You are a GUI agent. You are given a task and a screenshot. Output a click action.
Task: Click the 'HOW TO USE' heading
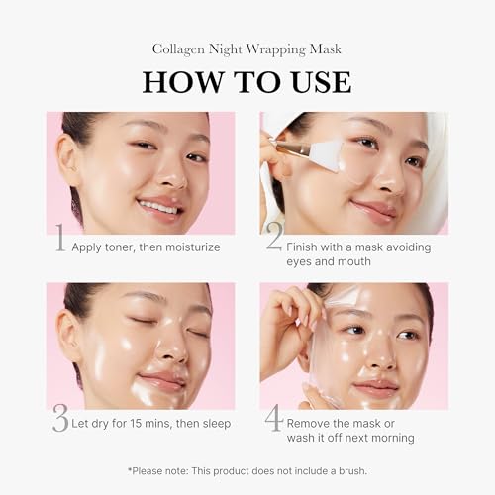click(x=247, y=81)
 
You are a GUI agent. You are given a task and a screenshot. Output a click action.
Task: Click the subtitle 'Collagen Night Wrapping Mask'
click(x=247, y=48)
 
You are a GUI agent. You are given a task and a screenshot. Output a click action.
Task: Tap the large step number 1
click(x=58, y=238)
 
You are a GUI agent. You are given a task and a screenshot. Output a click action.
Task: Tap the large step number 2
click(x=274, y=238)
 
